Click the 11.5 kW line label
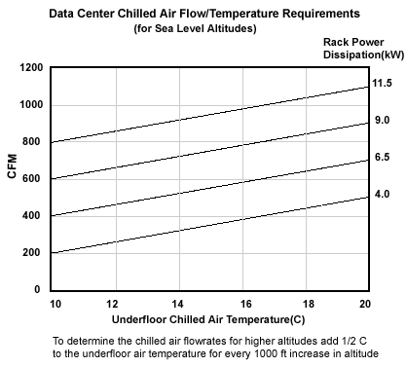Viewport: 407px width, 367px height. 381,86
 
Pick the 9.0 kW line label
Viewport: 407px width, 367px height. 381,122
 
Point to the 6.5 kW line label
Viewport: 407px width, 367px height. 381,157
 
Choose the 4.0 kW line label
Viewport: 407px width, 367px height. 381,195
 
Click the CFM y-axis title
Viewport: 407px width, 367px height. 14,178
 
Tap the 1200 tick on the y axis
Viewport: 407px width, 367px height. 30,68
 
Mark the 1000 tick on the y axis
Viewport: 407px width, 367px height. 30,105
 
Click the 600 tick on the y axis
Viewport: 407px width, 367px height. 33,179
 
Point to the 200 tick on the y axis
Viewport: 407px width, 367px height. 33,253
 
